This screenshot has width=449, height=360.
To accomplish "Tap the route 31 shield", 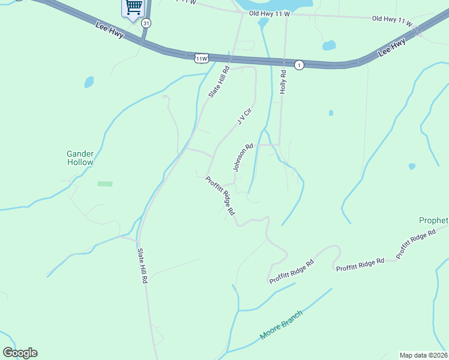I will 146,23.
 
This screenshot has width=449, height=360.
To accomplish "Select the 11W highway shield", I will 201,58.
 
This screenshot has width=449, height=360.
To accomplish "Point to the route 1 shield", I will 299,65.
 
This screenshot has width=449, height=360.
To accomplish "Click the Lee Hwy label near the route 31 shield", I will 110,31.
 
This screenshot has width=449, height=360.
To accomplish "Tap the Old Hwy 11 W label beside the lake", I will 269,13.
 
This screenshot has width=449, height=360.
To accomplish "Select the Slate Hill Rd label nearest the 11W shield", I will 219,82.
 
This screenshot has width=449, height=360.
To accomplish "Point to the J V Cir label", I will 242,116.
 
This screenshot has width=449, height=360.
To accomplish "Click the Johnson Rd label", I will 243,157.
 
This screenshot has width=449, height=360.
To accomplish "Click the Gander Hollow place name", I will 80,158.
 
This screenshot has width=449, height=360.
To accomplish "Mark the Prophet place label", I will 433,220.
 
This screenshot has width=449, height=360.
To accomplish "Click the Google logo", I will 20,353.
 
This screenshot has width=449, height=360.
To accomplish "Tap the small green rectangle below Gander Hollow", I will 105,183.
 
